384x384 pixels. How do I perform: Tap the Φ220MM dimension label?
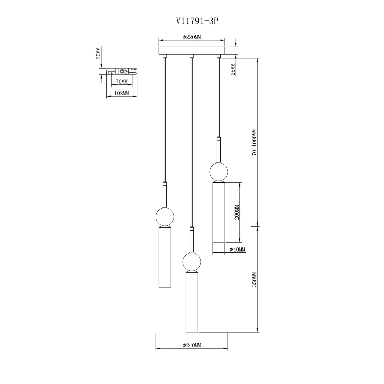tap(192, 37)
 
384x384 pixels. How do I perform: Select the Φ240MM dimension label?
tap(192, 345)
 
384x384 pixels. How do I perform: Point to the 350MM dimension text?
tap(254, 279)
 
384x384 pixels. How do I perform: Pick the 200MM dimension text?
tap(237, 212)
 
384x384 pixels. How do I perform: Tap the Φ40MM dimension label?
tap(237, 250)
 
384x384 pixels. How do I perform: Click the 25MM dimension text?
tap(233, 69)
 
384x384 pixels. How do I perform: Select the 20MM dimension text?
tap(98, 53)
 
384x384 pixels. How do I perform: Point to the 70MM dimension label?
tap(122, 82)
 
